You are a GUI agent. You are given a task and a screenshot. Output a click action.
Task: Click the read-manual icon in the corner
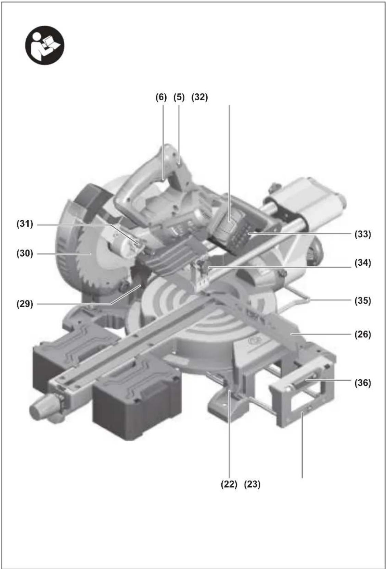pos(45,45)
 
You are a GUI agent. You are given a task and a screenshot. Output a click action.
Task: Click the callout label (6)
pos(161,97)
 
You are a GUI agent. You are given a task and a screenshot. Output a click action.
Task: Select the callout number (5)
pos(179,97)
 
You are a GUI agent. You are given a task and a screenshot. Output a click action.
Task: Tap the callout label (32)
pos(200,97)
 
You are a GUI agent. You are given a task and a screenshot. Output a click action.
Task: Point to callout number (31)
pos(25,224)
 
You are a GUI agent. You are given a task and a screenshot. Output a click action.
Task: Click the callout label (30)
pos(25,253)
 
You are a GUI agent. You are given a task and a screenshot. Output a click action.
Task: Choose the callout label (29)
pos(25,304)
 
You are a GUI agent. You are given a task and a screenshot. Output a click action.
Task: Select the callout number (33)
pos(363,234)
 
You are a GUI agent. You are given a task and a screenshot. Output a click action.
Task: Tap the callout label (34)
pos(363,263)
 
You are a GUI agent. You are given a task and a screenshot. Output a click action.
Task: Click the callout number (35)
pos(363,301)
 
